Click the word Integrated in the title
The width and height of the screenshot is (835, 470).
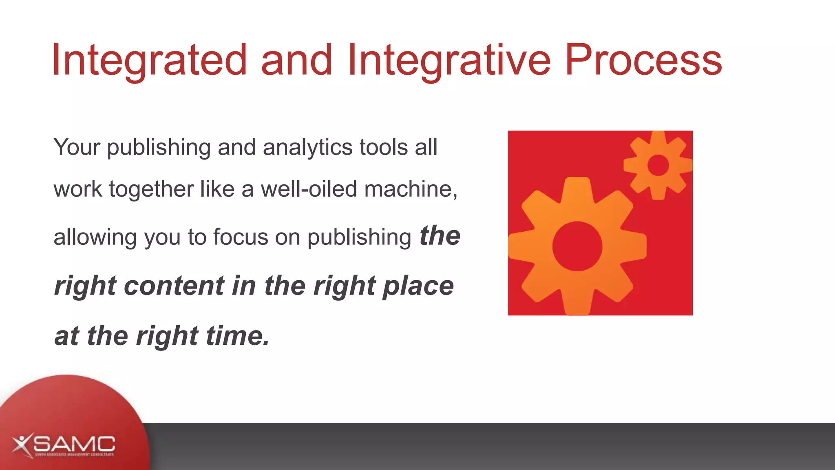point(149,60)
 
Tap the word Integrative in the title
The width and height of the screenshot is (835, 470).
point(449,60)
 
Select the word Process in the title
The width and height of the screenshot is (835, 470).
point(643,60)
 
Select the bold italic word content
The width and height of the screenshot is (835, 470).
point(174,286)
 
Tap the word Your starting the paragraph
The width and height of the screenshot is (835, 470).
point(77,147)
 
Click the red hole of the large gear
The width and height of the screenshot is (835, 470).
point(577,246)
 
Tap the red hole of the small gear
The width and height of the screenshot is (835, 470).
point(658,165)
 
